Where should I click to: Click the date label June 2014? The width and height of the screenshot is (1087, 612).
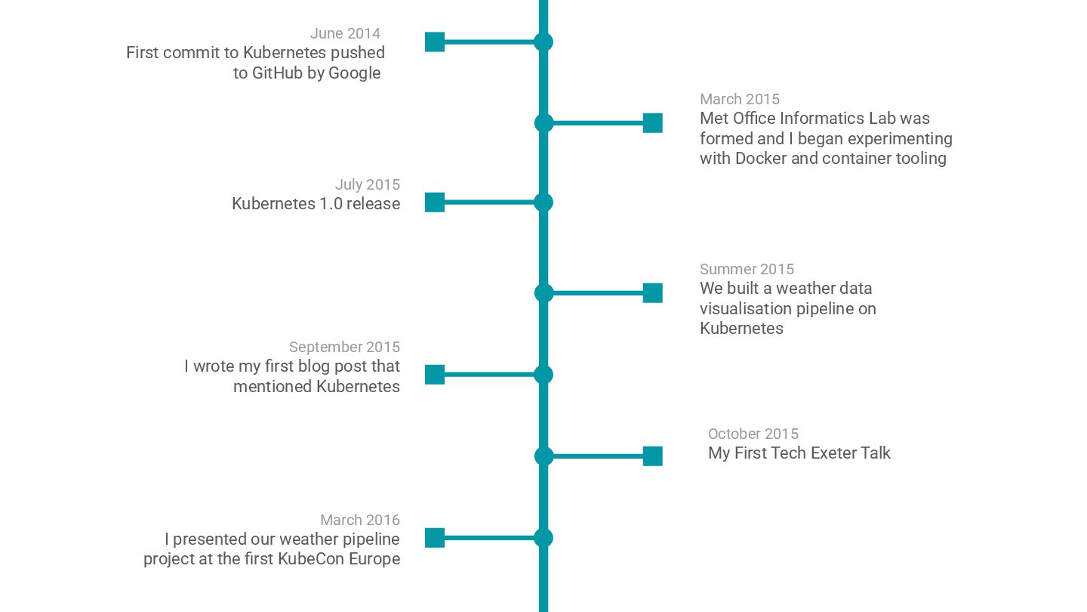pos(345,33)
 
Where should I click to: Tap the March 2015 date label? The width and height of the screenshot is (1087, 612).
pos(739,99)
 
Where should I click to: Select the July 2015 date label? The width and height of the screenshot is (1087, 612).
pos(367,184)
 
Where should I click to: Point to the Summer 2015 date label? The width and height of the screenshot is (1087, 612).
pos(747,269)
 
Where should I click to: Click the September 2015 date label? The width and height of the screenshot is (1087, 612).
pos(344,347)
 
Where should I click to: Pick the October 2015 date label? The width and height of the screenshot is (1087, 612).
pos(753,434)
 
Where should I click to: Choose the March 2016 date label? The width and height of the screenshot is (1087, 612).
pos(359,520)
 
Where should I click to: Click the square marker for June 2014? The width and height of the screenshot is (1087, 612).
pos(435,42)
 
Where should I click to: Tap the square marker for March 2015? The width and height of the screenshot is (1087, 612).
pos(652,122)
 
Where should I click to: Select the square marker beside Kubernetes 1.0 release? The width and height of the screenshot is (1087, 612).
pos(435,202)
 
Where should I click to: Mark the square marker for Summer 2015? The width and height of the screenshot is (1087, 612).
pos(652,293)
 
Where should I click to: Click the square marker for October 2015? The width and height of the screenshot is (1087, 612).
pos(652,456)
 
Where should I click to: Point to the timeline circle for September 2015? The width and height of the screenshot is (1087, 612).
pos(543,375)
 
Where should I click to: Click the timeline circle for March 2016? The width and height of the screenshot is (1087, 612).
pos(543,538)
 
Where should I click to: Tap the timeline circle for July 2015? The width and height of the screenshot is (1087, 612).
pos(543,202)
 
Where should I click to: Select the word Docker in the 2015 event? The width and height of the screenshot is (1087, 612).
pos(761,159)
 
